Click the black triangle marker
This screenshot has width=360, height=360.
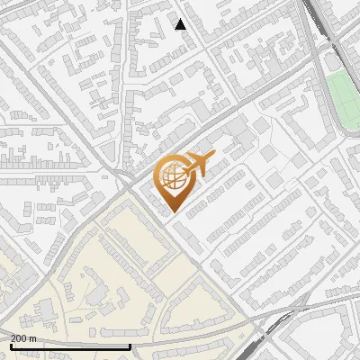tap(181, 24)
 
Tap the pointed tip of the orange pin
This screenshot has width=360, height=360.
tap(174, 211)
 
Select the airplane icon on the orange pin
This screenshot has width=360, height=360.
tap(197, 164)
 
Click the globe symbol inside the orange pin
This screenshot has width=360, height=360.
tap(174, 180)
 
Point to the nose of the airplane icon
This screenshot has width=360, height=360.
tap(212, 157)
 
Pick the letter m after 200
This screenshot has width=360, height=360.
tap(33, 338)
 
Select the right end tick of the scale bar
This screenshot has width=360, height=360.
tap(130, 345)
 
